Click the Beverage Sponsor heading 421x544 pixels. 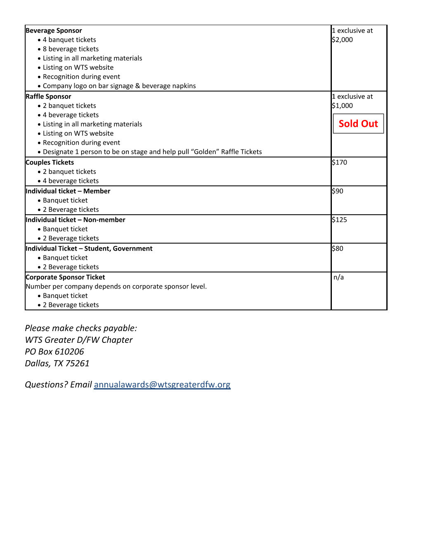tap(54, 30)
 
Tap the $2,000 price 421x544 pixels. tap(342, 40)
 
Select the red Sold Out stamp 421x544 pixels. tap(358, 124)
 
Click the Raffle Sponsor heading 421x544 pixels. tap(48, 96)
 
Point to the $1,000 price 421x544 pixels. tap(342, 106)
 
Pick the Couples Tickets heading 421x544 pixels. tap(50, 162)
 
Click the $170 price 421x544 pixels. tap(339, 162)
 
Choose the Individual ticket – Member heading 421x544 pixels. tap(68, 191)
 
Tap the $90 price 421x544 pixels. tap(337, 191)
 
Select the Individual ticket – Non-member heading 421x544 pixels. tap(75, 220)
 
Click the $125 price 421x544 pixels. tap(339, 220)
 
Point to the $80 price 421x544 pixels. tap(337, 249)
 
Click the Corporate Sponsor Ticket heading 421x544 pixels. tap(65, 277)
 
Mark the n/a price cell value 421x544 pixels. tap(338, 277)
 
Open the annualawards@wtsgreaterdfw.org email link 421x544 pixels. tap(162, 385)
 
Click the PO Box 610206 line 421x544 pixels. tap(54, 352)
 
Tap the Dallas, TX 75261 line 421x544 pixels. tap(57, 363)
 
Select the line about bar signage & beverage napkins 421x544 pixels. tap(119, 86)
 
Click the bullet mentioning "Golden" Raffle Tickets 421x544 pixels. tap(152, 152)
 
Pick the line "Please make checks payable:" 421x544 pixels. tap(81, 328)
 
